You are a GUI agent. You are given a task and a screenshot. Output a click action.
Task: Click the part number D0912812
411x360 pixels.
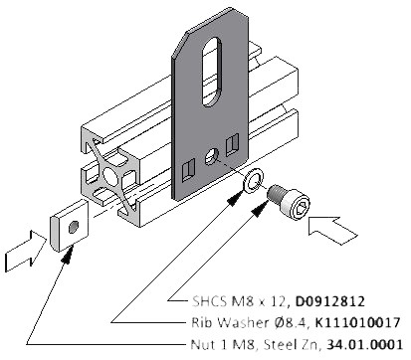click(x=330, y=301)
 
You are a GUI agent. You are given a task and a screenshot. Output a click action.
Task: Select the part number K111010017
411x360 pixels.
click(x=357, y=322)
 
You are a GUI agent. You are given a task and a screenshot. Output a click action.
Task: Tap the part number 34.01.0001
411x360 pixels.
click(x=365, y=345)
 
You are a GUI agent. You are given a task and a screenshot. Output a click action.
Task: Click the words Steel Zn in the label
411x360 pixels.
click(x=293, y=345)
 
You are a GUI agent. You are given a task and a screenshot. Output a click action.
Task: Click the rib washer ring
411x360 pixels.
click(x=253, y=180)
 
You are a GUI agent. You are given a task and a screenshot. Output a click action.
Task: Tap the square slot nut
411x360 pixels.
click(x=70, y=226)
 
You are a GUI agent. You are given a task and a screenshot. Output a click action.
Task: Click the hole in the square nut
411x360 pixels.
click(x=73, y=227)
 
